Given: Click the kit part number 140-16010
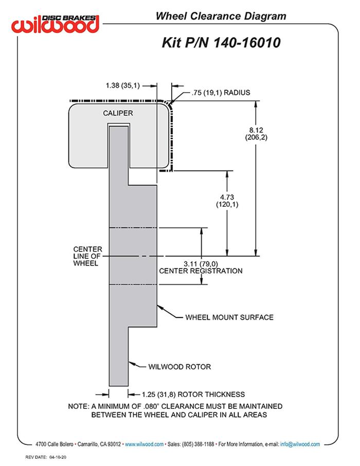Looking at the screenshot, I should pyautogui.click(x=221, y=43).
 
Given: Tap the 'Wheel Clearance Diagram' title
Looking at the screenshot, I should pyautogui.click(x=221, y=16).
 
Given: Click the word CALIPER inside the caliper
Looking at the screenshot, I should pyautogui.click(x=118, y=113).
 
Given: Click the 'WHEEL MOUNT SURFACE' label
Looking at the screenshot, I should pyautogui.click(x=229, y=317).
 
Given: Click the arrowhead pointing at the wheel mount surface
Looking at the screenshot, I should pyautogui.click(x=159, y=307).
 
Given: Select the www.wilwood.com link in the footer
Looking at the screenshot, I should pyautogui.click(x=145, y=444).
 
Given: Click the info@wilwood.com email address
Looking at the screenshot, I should pyautogui.click(x=300, y=444).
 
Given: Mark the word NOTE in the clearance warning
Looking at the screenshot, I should pyautogui.click(x=79, y=406).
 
